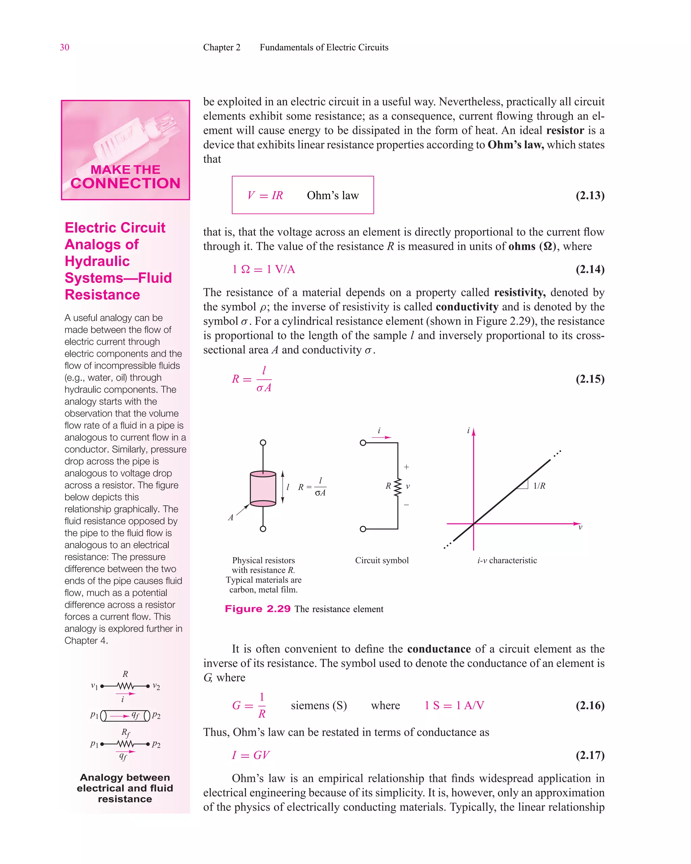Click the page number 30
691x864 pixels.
pos(64,47)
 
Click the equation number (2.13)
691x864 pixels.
pos(590,195)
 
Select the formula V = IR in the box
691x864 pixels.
pos(265,195)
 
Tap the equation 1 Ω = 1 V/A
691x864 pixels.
pos(264,269)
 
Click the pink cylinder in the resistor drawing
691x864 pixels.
pos(263,488)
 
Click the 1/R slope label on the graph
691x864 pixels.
pos(539,486)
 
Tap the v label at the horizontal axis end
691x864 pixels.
pos(580,528)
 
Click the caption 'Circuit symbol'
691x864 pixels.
pos(382,560)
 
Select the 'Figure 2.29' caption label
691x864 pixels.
pos(257,609)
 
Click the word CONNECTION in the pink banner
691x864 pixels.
pos(126,184)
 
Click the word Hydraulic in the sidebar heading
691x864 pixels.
pos(98,261)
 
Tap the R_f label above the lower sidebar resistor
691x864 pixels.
pos(126,733)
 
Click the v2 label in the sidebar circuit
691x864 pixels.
pos(156,686)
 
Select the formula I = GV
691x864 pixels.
pos(251,755)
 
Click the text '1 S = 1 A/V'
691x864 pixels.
pos(454,705)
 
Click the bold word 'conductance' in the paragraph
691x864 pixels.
pos(439,649)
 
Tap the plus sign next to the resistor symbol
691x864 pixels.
pos(407,467)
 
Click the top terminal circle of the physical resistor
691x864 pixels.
pos(263,442)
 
